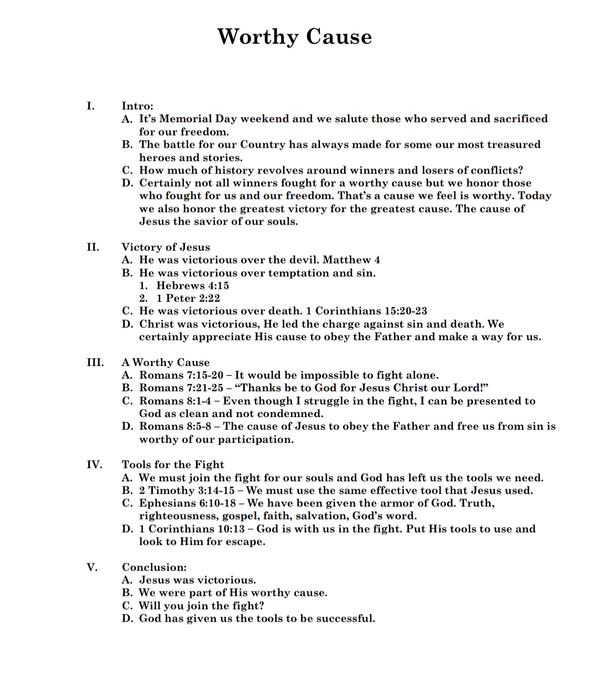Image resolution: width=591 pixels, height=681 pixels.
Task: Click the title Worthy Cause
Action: (295, 36)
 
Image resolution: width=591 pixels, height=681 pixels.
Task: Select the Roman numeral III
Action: (95, 362)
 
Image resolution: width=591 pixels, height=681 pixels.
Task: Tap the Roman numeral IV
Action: (95, 464)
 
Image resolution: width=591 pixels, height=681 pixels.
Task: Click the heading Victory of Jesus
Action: (165, 247)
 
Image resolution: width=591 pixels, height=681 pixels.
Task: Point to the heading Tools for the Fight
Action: (173, 464)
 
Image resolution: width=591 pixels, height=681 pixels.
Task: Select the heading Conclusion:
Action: (154, 567)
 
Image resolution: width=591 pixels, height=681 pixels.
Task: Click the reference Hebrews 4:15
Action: (193, 286)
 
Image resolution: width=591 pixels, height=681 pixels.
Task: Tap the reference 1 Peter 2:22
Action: (188, 298)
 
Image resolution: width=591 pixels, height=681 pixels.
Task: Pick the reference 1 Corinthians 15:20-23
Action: (371, 311)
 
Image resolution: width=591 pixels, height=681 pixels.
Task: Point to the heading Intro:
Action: (137, 106)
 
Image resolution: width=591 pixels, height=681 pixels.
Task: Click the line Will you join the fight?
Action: (201, 605)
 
